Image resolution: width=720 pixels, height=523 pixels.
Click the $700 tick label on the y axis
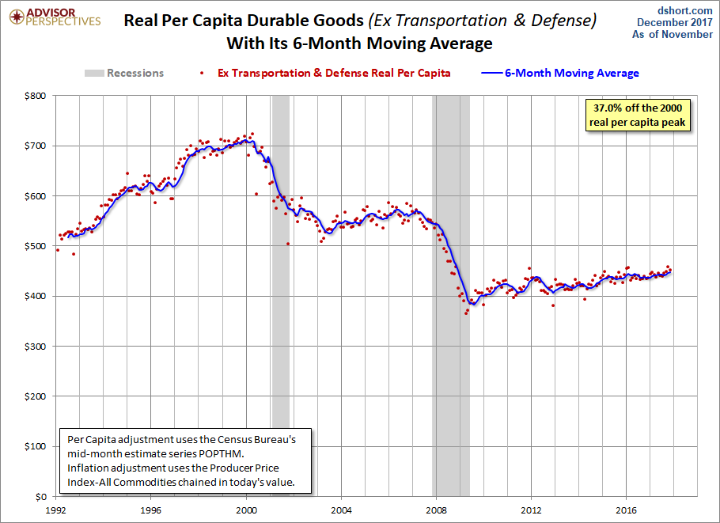pyautogui.click(x=35, y=146)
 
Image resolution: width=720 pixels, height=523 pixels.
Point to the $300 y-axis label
pyautogui.click(x=35, y=347)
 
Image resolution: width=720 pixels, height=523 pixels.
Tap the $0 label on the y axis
pyautogui.click(x=40, y=497)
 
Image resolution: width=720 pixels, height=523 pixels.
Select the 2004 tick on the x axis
pyautogui.click(x=341, y=510)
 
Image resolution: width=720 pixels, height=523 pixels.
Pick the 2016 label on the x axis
pyautogui.click(x=627, y=510)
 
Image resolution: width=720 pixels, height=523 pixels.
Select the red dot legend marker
pyautogui.click(x=202, y=73)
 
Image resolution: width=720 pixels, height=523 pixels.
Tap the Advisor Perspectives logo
pyautogui.click(x=55, y=17)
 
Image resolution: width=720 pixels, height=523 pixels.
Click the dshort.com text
pyautogui.click(x=684, y=10)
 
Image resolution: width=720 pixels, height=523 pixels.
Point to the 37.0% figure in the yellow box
pyautogui.click(x=608, y=108)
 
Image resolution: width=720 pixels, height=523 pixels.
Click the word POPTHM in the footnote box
pyautogui.click(x=221, y=453)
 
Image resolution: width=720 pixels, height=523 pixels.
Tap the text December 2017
pyautogui.click(x=675, y=22)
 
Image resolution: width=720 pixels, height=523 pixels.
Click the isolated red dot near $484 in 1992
pyautogui.click(x=74, y=254)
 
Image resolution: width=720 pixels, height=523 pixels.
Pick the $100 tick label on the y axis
pyautogui.click(x=35, y=446)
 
